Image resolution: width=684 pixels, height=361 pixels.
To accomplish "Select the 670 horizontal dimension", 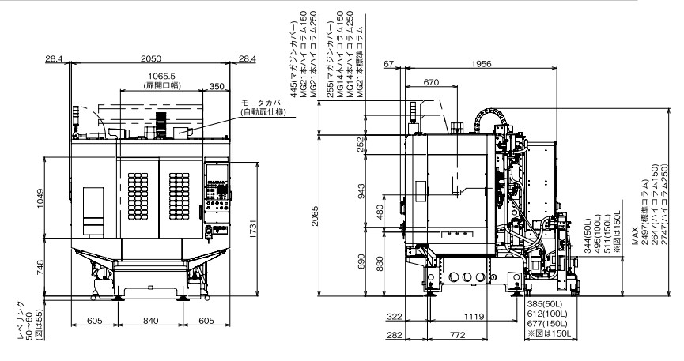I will pyautogui.click(x=431, y=82).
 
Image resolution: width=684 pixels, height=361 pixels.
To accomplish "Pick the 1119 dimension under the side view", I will pyautogui.click(x=473, y=317).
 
